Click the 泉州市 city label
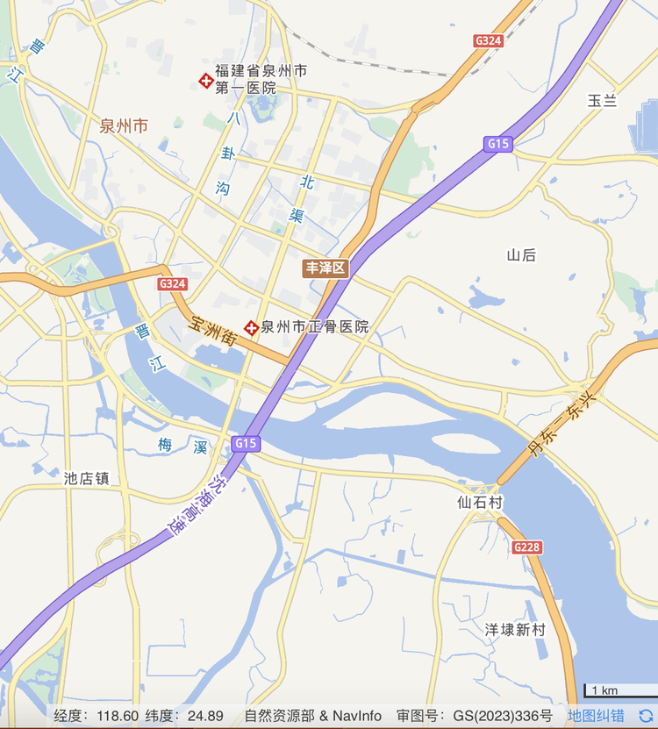[x=124, y=125]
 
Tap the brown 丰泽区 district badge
[x=325, y=268]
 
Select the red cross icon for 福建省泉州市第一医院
[x=206, y=81]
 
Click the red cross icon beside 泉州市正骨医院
[x=252, y=327]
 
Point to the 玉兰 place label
[x=602, y=101]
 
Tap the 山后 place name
[x=521, y=255]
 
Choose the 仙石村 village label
[x=480, y=503]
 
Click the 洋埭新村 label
[x=515, y=630]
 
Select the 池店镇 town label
[x=86, y=479]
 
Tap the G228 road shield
[x=526, y=547]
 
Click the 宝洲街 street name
[x=213, y=329]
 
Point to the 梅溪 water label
[x=182, y=447]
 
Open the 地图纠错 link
[x=596, y=716]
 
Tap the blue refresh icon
[x=646, y=716]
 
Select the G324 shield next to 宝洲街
[x=172, y=284]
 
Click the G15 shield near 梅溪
[x=246, y=444]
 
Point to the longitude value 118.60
[x=118, y=716]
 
